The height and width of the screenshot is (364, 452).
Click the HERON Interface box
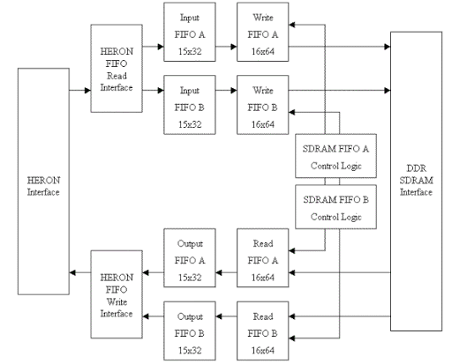point(43,182)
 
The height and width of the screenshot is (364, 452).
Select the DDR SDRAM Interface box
point(416,182)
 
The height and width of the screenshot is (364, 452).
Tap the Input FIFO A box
point(190,32)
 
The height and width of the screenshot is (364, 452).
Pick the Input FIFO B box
point(190,105)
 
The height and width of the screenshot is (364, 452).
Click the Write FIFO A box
point(263,32)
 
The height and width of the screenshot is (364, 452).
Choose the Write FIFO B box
point(263,105)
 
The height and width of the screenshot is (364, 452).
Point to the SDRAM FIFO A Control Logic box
point(335,156)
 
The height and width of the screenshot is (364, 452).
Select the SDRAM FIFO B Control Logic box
point(335,207)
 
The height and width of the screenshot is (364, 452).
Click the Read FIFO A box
point(263,258)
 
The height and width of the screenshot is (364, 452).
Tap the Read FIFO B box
point(263,331)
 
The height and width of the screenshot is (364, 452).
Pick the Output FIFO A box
point(190,258)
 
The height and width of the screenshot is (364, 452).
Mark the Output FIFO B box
point(190,331)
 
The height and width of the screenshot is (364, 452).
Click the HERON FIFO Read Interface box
point(117,69)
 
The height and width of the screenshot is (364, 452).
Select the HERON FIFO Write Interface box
point(117,294)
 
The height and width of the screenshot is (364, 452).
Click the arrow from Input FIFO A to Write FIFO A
point(226,47)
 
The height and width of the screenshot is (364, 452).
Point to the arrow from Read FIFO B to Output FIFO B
point(226,316)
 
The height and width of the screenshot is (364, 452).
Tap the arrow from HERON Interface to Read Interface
point(80,90)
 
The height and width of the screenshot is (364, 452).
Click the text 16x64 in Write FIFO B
point(263,124)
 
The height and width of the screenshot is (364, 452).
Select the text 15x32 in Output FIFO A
point(190,277)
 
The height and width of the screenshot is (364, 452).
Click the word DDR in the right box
point(416,168)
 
